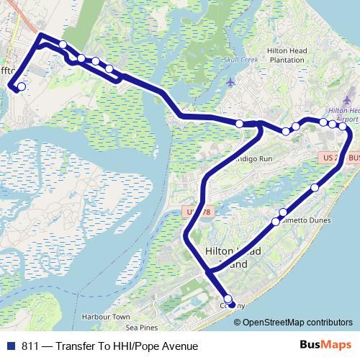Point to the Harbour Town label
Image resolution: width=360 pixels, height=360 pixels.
[x=106, y=317]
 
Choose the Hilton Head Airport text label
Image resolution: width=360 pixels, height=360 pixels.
[x=343, y=114]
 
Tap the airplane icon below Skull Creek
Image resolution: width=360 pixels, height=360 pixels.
[x=230, y=81]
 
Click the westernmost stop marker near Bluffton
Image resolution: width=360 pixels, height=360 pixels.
[x=21, y=86]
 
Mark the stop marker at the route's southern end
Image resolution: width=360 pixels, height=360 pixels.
[x=228, y=299]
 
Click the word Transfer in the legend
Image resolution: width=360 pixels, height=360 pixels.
[x=76, y=346]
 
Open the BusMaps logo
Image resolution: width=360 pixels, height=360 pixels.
[x=326, y=346]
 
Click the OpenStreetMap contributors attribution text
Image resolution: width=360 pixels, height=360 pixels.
[x=302, y=322]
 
